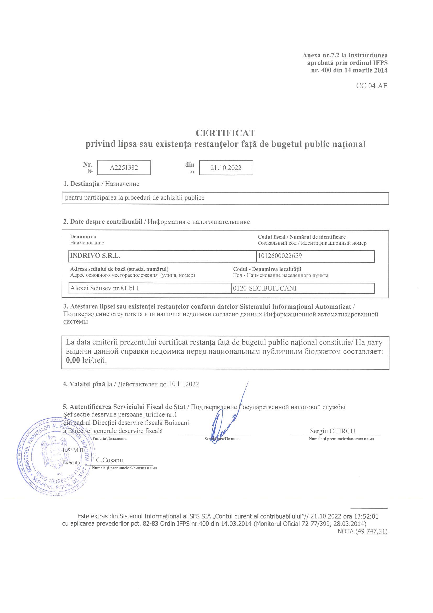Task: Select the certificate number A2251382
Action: coord(124,167)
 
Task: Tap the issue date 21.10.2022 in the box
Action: coord(226,168)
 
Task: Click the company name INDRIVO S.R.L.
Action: coord(95,256)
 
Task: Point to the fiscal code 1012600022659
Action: coord(280,256)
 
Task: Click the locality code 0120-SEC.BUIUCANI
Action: coord(264,288)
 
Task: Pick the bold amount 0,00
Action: coord(73,360)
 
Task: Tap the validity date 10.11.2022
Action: coord(184,384)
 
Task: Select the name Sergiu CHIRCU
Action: coord(332,431)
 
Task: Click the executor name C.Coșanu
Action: coord(109,460)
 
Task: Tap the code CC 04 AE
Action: coord(372,86)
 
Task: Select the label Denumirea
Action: coord(83,237)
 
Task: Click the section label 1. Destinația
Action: coord(81,184)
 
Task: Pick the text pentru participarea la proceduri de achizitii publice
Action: coord(135,198)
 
